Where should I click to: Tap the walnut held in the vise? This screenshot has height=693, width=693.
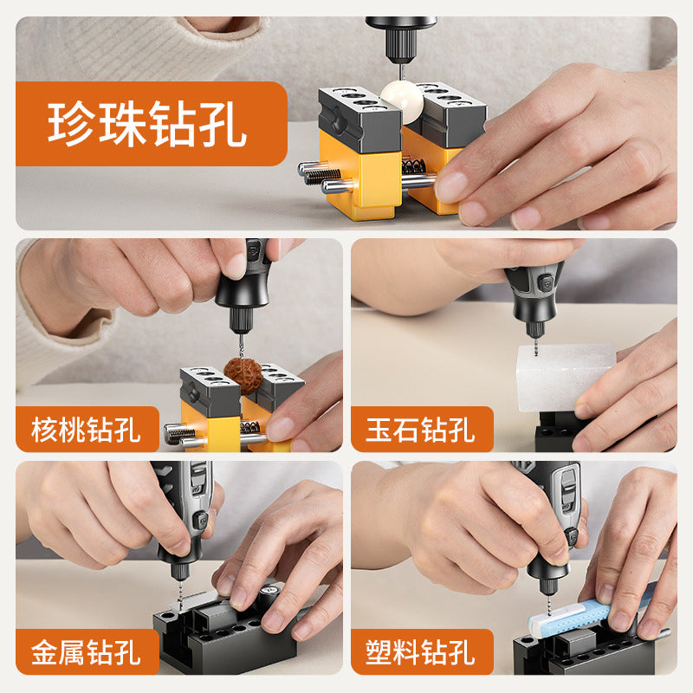point(243,376)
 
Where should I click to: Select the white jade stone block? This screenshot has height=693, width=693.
point(566,378)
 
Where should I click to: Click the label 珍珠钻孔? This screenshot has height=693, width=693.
point(147,123)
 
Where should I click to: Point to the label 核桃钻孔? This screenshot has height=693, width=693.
point(86,430)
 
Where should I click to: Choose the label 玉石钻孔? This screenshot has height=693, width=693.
point(421,430)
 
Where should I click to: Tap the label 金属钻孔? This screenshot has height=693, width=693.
point(86,652)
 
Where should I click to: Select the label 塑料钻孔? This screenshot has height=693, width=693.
point(421,652)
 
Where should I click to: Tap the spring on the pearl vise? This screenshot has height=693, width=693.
point(414,165)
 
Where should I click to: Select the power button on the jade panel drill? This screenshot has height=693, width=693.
point(546,281)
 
